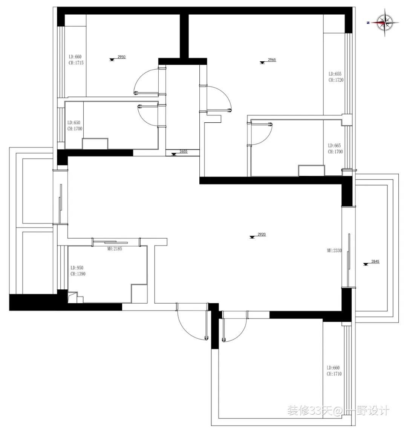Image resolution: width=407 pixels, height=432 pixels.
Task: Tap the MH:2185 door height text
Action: [115, 249]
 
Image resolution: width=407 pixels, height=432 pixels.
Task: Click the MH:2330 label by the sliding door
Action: [334, 250]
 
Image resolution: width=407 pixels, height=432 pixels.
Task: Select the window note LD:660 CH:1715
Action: [76, 60]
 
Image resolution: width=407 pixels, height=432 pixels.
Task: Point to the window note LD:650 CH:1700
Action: [75, 126]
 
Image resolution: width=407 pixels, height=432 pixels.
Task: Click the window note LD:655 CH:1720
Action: [335, 77]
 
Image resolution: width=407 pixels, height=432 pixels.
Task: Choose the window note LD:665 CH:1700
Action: [335, 149]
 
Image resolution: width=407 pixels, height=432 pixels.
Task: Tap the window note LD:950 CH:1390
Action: [78, 271]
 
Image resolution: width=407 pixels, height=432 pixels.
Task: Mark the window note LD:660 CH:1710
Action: [334, 371]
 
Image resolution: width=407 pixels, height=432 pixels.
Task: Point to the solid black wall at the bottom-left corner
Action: [34, 302]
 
